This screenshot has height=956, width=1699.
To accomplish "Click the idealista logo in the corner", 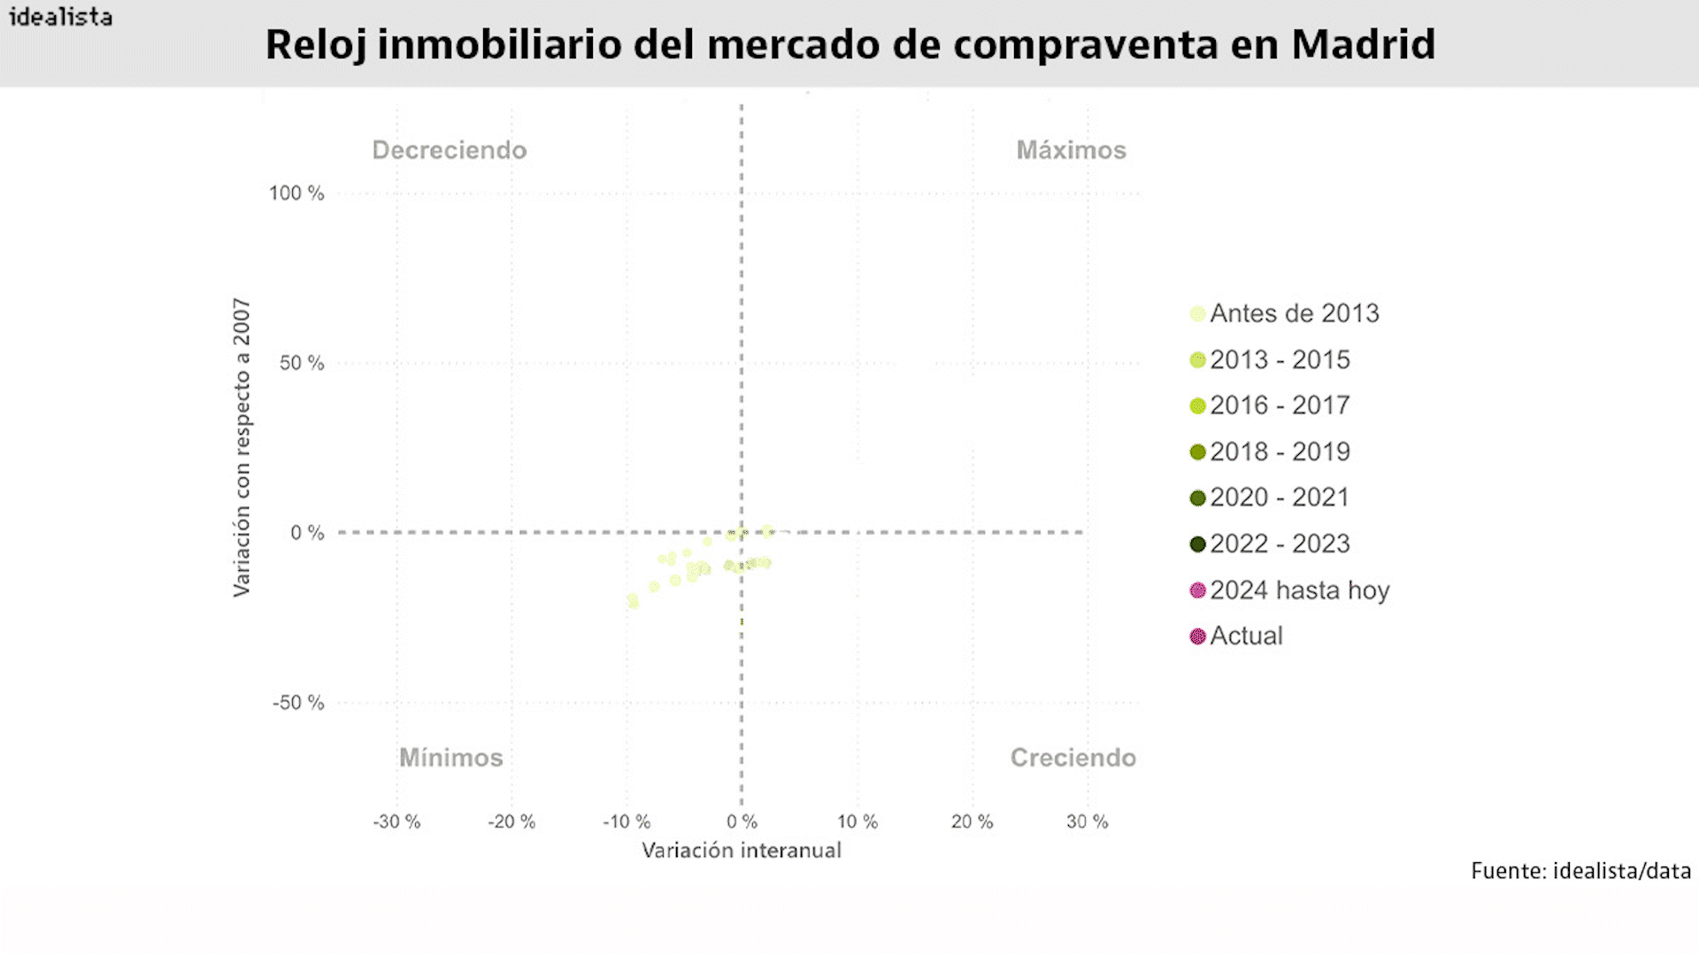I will tap(60, 17).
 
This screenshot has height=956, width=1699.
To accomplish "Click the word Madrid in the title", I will tap(1363, 44).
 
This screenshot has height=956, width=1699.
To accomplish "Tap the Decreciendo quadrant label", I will tap(449, 150).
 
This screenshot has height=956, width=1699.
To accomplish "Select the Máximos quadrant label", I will tap(1071, 150).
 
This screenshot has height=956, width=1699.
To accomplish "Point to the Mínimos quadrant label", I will tap(450, 758).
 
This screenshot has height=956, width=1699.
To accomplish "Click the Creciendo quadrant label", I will tap(1072, 758).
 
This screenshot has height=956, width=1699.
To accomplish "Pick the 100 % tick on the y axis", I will tap(296, 193).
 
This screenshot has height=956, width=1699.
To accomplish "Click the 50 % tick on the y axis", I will tap(302, 363).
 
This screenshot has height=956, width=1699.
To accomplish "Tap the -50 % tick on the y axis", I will tap(298, 703).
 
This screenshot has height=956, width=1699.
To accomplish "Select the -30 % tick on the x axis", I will tap(396, 821).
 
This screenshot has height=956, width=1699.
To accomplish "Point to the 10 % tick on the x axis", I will tap(857, 821).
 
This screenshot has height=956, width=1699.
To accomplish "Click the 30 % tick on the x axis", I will tap(1087, 821).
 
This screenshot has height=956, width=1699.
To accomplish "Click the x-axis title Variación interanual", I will tap(742, 851).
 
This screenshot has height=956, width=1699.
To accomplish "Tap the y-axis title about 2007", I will tap(242, 447).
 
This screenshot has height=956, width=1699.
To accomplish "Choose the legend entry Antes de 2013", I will tap(1294, 313).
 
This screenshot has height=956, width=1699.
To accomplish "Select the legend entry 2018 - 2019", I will tap(1280, 451).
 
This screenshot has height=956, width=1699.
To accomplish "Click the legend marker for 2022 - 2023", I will tap(1198, 544).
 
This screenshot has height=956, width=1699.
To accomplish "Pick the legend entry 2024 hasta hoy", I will tap(1299, 590).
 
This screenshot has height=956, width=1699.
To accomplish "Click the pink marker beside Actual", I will tap(1198, 636).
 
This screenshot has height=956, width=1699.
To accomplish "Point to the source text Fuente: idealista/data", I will tap(1580, 871).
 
